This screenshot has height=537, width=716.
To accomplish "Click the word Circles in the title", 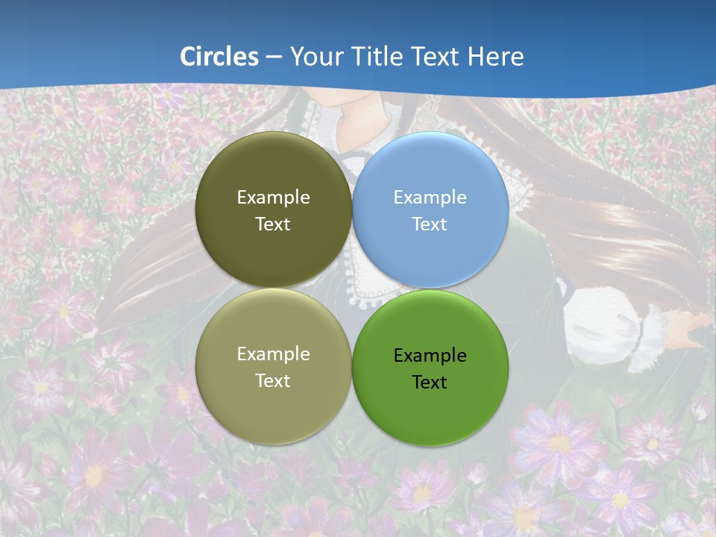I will point(219,57).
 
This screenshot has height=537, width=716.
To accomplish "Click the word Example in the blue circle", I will point(430,198).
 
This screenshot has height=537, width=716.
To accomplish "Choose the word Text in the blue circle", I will point(430,224).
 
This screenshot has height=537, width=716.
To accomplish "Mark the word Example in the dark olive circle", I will point(273,198).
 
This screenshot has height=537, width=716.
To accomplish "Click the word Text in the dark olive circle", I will point(273,224).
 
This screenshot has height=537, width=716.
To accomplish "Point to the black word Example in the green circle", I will point(430,356).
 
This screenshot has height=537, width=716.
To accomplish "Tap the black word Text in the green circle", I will point(430,383).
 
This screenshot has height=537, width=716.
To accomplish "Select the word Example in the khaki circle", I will point(273,354).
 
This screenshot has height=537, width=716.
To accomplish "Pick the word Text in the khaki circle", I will point(273,381).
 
